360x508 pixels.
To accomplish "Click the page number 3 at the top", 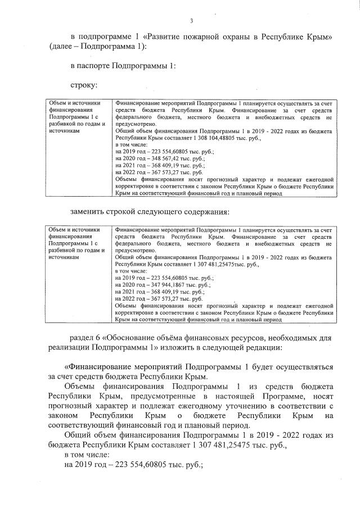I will [191, 21].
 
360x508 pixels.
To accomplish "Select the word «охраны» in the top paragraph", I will [238, 37].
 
